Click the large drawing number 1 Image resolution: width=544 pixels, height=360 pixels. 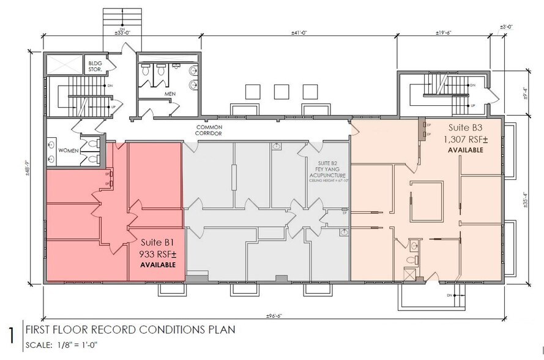(10, 336)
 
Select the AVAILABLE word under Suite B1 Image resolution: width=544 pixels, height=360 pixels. (158, 264)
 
